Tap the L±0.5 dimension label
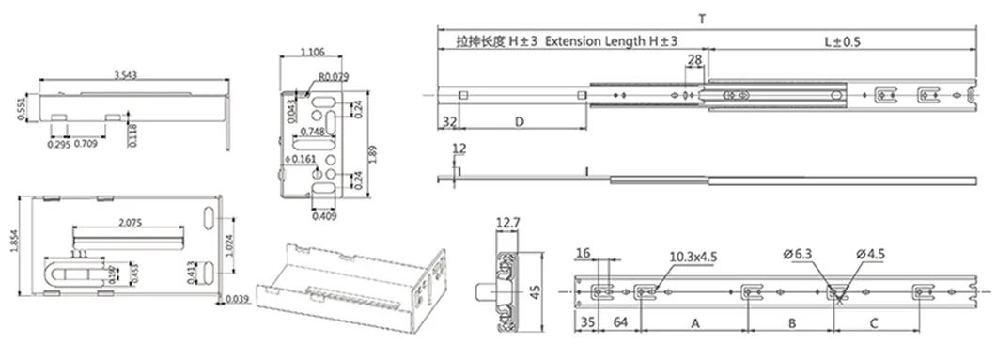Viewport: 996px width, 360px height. tap(842, 41)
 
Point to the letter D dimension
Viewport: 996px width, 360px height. tap(519, 122)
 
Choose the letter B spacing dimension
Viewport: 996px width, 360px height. tap(791, 321)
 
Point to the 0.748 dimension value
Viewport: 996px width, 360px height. tap(316, 133)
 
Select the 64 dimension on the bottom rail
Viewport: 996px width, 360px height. tap(620, 322)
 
